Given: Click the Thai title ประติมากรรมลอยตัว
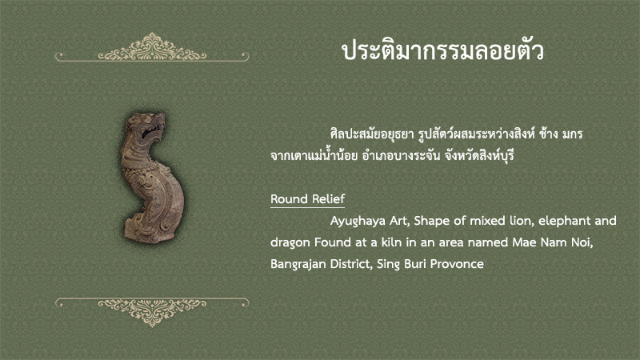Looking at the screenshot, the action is [x=443, y=50].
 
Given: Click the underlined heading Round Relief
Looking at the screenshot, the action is [x=307, y=198].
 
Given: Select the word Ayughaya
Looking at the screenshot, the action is [x=358, y=222].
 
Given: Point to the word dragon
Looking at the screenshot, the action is [x=290, y=243].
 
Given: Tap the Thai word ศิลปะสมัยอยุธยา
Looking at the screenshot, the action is [x=372, y=134].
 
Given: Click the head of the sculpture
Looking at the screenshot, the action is [x=146, y=127].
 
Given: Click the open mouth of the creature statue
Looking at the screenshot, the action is [x=151, y=131].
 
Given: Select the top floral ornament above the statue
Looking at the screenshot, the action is [x=152, y=48].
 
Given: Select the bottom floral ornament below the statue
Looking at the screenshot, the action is [x=152, y=312].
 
